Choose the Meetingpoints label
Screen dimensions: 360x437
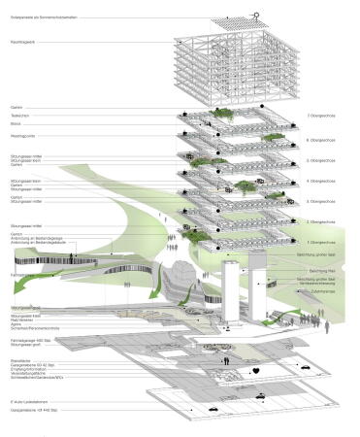[22, 137]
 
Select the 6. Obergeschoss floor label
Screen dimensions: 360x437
[320, 141]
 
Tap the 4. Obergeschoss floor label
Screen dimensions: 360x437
[320, 182]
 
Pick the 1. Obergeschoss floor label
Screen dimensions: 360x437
[320, 241]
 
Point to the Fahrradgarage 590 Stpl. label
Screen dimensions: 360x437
[30, 342]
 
